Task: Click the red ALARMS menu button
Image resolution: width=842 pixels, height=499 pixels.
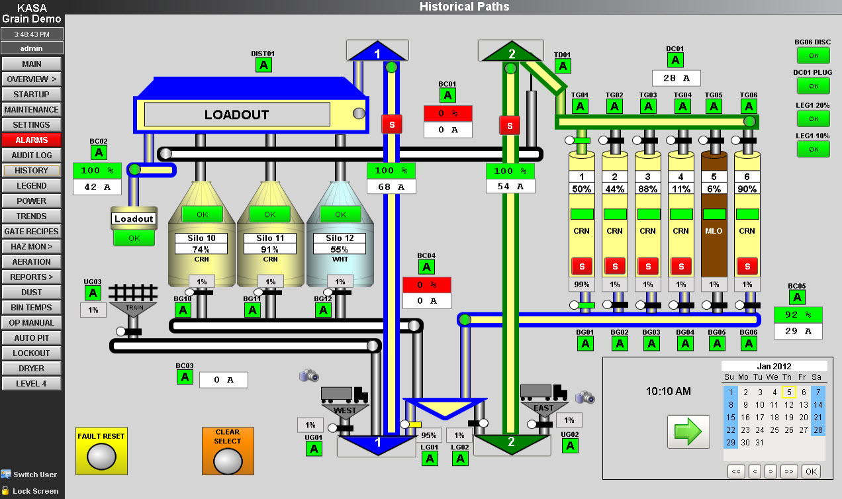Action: click(x=32, y=140)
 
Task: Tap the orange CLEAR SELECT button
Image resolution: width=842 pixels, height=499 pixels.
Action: click(x=227, y=451)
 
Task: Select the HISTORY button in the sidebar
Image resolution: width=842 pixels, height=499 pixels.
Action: click(x=32, y=171)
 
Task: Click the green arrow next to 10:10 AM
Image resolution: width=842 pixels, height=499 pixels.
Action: click(x=688, y=431)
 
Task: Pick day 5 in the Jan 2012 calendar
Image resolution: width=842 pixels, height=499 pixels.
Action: click(x=788, y=392)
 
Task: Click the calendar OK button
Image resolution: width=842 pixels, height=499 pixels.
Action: click(x=810, y=472)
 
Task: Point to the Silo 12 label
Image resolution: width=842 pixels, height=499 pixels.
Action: click(x=340, y=238)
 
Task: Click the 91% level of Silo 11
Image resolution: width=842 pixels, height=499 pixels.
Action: click(x=270, y=250)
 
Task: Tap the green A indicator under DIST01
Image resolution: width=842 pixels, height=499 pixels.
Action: click(x=263, y=65)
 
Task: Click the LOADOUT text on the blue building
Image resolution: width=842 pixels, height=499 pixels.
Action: click(x=236, y=114)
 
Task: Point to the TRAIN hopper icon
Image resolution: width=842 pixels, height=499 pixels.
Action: click(x=132, y=302)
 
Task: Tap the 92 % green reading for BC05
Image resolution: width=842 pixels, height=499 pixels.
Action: click(x=798, y=314)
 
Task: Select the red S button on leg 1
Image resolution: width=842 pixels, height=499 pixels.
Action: click(x=391, y=124)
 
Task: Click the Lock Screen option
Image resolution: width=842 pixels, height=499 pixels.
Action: click(x=35, y=491)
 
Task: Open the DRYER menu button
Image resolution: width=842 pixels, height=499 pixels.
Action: click(x=32, y=369)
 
